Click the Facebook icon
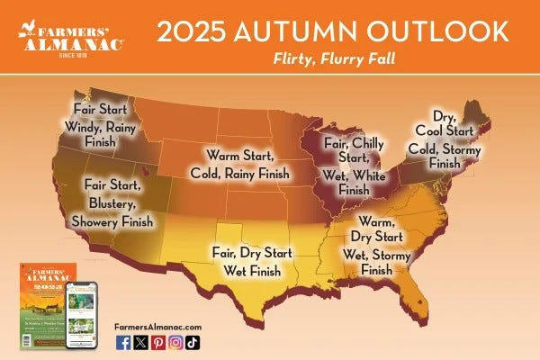pyautogui.click(x=123, y=341)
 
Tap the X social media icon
pyautogui.click(x=141, y=341)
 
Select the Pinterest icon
pyautogui.click(x=158, y=341)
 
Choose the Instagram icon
pyautogui.click(x=175, y=341)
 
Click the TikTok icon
pyautogui.click(x=193, y=341)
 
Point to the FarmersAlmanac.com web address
pyautogui.click(x=158, y=326)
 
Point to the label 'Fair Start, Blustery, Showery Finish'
pyautogui.click(x=118, y=202)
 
